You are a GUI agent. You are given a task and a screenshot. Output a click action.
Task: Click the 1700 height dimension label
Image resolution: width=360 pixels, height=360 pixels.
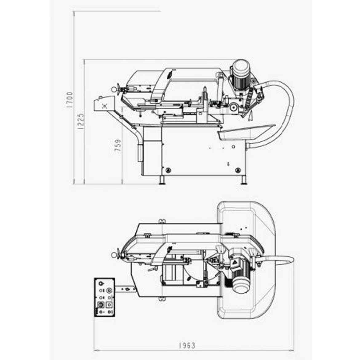click(69, 100)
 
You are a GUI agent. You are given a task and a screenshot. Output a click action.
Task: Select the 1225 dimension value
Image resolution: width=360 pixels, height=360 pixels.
click(81, 122)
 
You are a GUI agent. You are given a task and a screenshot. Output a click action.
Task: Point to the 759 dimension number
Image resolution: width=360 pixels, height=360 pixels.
click(118, 145)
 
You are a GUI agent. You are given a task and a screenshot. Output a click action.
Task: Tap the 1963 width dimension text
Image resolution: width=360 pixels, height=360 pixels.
click(187, 346)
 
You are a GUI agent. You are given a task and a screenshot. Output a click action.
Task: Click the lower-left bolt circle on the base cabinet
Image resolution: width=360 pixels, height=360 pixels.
click(168, 170)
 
